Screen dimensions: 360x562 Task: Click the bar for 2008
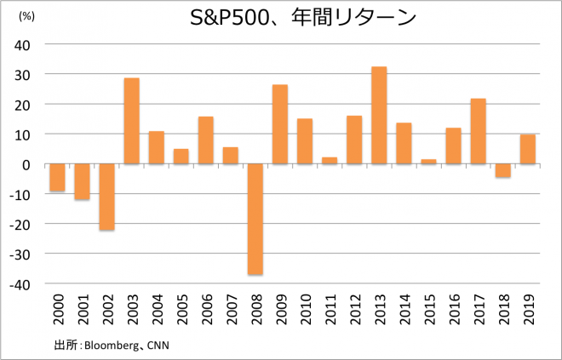pos(255,219)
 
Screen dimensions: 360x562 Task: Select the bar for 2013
pos(379,115)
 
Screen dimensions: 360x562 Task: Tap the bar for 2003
pos(132,121)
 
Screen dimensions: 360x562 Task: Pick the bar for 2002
pos(107,197)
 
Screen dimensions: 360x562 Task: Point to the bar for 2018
pos(503,170)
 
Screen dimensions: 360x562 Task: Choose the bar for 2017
pos(479,131)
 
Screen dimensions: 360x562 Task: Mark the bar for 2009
pos(280,124)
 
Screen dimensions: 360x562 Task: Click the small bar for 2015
pos(429,162)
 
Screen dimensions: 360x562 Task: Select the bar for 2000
pos(58,177)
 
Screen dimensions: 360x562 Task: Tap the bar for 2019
pos(528,149)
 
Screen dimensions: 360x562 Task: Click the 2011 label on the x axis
pos(330,310)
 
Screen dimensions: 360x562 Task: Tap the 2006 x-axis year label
pos(206,310)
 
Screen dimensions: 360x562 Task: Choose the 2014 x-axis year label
pos(404,310)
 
